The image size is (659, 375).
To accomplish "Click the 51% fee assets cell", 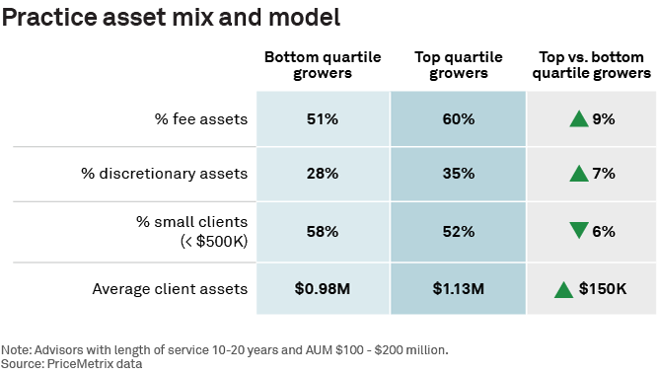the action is click(323, 119).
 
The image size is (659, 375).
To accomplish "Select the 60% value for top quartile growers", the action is click(459, 119).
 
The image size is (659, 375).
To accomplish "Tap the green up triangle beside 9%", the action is click(579, 118).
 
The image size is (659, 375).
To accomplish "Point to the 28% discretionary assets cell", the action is click(323, 174).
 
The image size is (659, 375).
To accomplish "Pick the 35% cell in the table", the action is click(459, 174).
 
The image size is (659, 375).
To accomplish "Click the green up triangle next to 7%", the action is click(579, 174).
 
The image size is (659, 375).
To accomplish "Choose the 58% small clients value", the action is click(323, 231).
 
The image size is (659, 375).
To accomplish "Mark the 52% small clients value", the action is click(459, 231).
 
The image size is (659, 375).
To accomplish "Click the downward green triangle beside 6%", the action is click(579, 230).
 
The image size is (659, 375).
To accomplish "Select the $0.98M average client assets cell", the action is click(323, 289).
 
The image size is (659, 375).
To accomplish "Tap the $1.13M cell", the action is click(459, 289).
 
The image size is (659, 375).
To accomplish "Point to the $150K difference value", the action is click(603, 289).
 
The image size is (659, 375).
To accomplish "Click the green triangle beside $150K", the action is click(563, 290).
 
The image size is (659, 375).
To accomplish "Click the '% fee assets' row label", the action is click(201, 119).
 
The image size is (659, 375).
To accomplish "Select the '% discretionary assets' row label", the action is click(165, 174).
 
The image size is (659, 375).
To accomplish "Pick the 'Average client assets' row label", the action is click(170, 289).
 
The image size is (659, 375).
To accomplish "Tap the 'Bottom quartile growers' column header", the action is click(323, 65).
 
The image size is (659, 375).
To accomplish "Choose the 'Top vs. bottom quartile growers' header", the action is click(591, 65).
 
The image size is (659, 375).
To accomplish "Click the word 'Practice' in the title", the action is click(49, 17).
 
